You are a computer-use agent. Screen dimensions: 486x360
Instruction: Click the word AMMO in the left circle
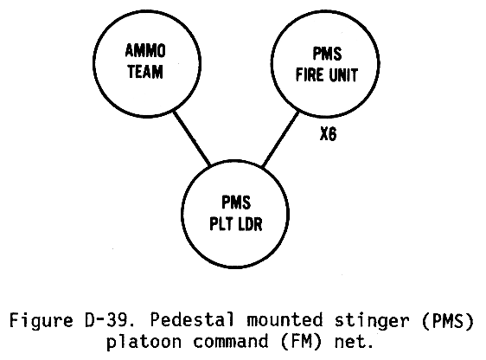145,50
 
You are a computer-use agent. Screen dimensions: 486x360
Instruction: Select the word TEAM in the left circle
145,72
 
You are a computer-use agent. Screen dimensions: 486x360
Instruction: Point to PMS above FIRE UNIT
327,54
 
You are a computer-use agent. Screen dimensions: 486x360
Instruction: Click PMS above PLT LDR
236,202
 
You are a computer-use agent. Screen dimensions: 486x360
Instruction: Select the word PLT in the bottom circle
221,223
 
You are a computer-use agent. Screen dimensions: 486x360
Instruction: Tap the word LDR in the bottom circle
251,223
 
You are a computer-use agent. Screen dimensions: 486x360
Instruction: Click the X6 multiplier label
329,134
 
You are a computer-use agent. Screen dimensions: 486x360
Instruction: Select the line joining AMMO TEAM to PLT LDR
192,138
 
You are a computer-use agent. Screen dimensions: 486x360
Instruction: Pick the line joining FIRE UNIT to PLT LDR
281,139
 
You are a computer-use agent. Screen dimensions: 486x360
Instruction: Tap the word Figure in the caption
42,320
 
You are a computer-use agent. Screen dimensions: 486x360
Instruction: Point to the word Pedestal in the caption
192,319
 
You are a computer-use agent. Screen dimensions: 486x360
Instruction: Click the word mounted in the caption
285,319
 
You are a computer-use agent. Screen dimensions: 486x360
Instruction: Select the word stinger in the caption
371,320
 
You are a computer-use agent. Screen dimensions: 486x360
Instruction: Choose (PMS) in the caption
448,320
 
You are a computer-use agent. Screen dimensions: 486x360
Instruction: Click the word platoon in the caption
144,342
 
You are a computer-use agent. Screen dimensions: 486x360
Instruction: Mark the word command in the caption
231,341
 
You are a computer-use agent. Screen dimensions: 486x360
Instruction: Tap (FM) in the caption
301,342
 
